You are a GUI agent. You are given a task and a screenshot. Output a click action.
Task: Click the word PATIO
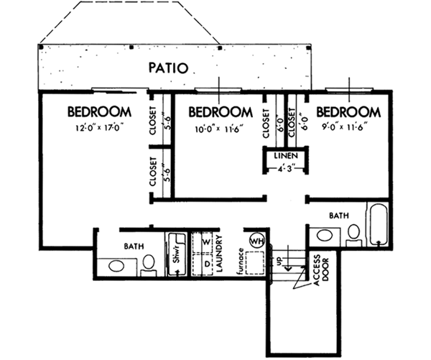[168, 69]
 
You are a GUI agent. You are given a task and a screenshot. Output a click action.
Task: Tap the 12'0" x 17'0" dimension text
[99, 130]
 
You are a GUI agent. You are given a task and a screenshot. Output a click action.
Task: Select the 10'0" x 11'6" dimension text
[220, 130]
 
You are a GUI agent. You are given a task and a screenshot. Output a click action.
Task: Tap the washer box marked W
[205, 242]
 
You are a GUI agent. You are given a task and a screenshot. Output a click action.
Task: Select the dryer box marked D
[205, 264]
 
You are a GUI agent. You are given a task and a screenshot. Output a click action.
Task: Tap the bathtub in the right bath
[378, 224]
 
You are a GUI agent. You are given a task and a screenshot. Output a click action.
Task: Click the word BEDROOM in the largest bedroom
[99, 113]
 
